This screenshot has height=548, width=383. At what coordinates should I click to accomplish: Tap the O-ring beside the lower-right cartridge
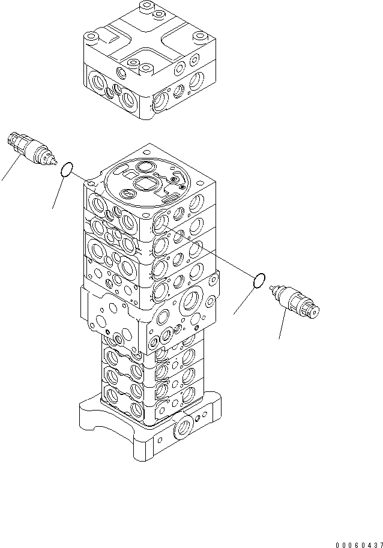point(259,280)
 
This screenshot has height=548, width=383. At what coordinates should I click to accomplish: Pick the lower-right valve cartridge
point(295,301)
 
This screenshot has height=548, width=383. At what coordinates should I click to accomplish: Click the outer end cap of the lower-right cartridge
point(314,310)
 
